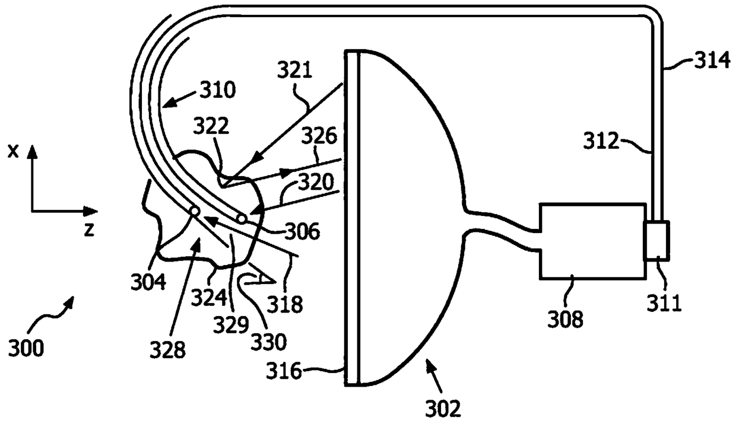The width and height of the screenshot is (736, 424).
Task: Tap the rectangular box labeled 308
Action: tap(592, 241)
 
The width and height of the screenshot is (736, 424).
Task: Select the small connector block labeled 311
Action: tap(656, 241)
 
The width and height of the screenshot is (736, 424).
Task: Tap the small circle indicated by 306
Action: tap(242, 219)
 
